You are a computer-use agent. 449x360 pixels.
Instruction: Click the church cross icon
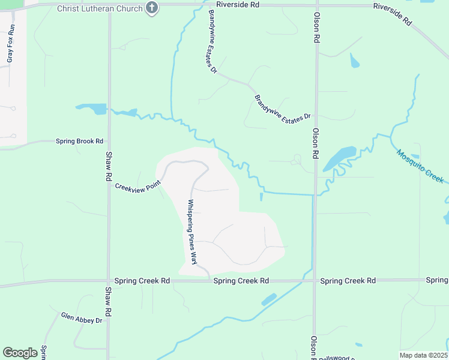tap(152, 8)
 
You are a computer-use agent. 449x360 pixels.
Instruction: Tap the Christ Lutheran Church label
tap(100, 8)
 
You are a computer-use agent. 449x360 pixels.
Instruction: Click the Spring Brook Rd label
tap(79, 142)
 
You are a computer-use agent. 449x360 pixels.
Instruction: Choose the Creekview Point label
tap(138, 186)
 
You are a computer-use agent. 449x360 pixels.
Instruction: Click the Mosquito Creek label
tap(420, 166)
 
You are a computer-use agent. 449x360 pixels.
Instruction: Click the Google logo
tap(20, 353)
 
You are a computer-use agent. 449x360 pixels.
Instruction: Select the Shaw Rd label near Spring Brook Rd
tap(109, 169)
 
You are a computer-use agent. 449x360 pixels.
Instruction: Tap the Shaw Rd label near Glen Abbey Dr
tap(109, 302)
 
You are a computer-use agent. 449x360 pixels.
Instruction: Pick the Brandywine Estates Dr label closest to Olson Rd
tap(282, 108)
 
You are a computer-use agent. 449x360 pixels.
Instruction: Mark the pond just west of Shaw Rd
tap(92, 109)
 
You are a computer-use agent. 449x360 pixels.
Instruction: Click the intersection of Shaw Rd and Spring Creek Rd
tap(109, 281)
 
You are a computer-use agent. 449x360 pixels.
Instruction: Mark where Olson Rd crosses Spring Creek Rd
tap(314, 280)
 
